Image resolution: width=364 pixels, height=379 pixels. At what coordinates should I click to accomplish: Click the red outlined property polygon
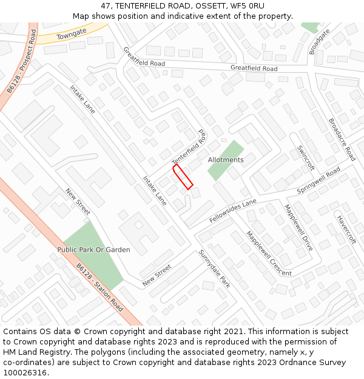pos(183,176)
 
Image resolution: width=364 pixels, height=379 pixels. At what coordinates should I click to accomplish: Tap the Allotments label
pos(226,160)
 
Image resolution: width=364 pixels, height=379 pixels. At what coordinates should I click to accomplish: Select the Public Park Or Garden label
pos(93,250)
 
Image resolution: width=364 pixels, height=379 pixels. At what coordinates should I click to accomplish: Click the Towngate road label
pos(72,34)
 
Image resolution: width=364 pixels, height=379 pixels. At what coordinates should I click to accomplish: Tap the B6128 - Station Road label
pos(99,287)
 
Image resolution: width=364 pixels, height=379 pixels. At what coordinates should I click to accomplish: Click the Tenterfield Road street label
pos(189,146)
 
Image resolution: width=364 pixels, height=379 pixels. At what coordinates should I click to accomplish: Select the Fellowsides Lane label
pos(233,210)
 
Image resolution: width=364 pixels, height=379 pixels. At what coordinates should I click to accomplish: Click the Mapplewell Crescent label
pos(268,253)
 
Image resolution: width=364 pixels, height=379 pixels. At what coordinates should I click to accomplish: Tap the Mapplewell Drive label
pos(298,228)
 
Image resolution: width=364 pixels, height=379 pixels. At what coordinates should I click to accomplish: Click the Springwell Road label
pos(318,181)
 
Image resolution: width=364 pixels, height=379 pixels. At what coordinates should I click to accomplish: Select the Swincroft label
pos(306,157)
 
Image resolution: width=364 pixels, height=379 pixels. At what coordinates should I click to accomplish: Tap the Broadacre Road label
pos(342,139)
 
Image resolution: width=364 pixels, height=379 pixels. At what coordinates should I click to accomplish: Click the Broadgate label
pos(320,41)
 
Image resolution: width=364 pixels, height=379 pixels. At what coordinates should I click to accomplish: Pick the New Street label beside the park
pos(78,202)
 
